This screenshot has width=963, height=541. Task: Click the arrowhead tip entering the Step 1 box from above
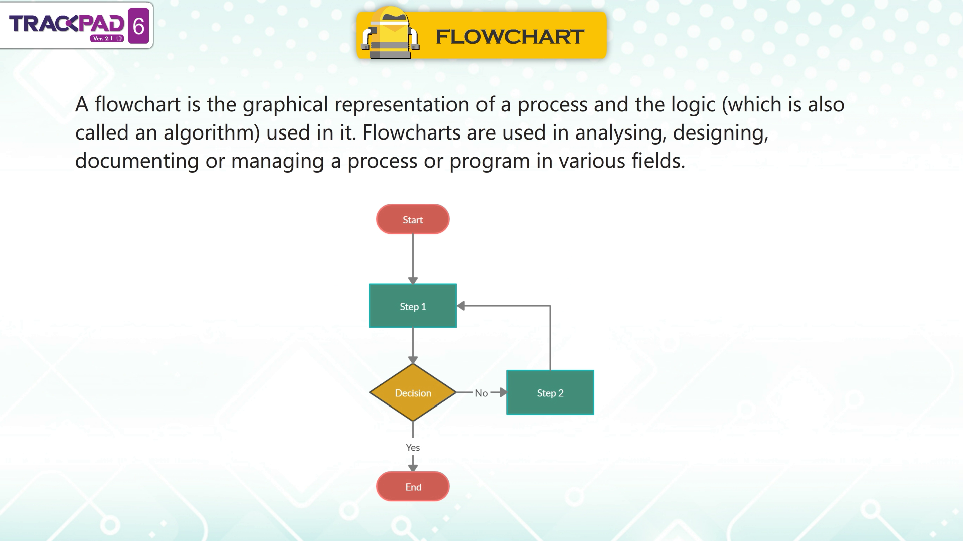click(x=413, y=284)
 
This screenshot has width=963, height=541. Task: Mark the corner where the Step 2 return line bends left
click(x=550, y=306)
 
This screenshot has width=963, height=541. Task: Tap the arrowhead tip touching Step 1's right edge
click(x=457, y=306)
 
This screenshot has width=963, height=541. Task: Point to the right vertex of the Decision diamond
click(x=456, y=392)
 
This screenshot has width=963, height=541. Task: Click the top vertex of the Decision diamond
click(x=413, y=364)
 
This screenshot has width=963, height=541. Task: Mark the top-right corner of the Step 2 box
click(x=594, y=370)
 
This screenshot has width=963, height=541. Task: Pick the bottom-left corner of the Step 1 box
click(x=370, y=328)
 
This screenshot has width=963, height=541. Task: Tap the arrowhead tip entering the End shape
click(x=413, y=472)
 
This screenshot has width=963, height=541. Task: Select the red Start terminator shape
click(x=413, y=219)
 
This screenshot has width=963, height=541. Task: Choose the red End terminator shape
click(x=413, y=486)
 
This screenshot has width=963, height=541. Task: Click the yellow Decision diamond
click(x=413, y=392)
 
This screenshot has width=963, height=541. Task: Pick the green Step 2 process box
click(x=550, y=392)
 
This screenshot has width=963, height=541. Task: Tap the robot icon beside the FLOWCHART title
click(x=390, y=33)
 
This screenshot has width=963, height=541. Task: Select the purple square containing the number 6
click(x=139, y=26)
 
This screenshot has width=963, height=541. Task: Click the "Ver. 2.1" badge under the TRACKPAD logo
click(x=107, y=39)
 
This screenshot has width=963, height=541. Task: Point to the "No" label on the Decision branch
click(x=481, y=393)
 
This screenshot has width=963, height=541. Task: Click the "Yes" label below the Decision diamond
click(x=413, y=447)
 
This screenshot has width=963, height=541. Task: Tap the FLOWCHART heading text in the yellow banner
click(x=510, y=37)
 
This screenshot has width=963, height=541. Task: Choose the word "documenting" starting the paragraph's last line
click(x=137, y=161)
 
